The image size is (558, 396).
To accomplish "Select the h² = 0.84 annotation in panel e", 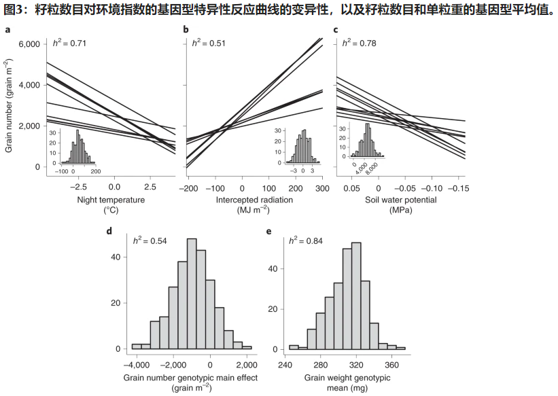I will pos(305,240).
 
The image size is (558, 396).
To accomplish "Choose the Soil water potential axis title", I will pos(400,201).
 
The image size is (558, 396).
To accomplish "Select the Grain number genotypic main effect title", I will pos(191,378).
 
